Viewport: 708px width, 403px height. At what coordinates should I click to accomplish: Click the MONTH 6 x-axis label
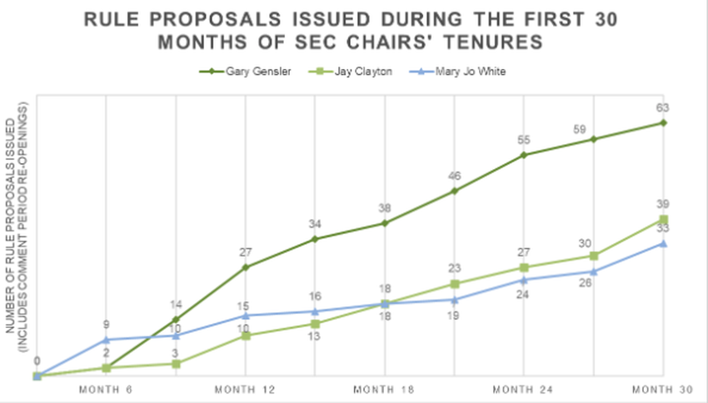tap(106, 390)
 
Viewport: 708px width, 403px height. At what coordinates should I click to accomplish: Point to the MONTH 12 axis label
tap(245, 390)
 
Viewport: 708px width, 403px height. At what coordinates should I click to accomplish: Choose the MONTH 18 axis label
tap(384, 390)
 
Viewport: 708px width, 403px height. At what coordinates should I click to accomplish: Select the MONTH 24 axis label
tap(524, 390)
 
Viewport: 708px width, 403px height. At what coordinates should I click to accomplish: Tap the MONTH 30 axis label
tap(663, 390)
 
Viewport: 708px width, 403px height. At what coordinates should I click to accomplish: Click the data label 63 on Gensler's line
tap(663, 107)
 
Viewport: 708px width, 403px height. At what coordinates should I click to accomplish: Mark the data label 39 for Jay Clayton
tap(663, 204)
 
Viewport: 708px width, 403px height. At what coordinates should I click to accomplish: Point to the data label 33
tap(663, 227)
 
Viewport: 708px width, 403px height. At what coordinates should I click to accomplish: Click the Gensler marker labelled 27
tap(246, 267)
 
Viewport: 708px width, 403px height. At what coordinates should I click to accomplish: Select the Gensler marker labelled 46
tap(455, 191)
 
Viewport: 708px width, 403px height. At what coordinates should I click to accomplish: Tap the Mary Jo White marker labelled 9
tap(106, 340)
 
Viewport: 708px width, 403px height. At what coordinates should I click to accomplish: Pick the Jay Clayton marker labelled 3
tap(176, 364)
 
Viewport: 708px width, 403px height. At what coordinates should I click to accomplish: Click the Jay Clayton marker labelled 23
tap(455, 284)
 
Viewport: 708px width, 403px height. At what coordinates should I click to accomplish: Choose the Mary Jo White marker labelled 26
tap(594, 271)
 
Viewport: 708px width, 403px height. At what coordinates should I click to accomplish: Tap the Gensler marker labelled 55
tap(524, 155)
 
